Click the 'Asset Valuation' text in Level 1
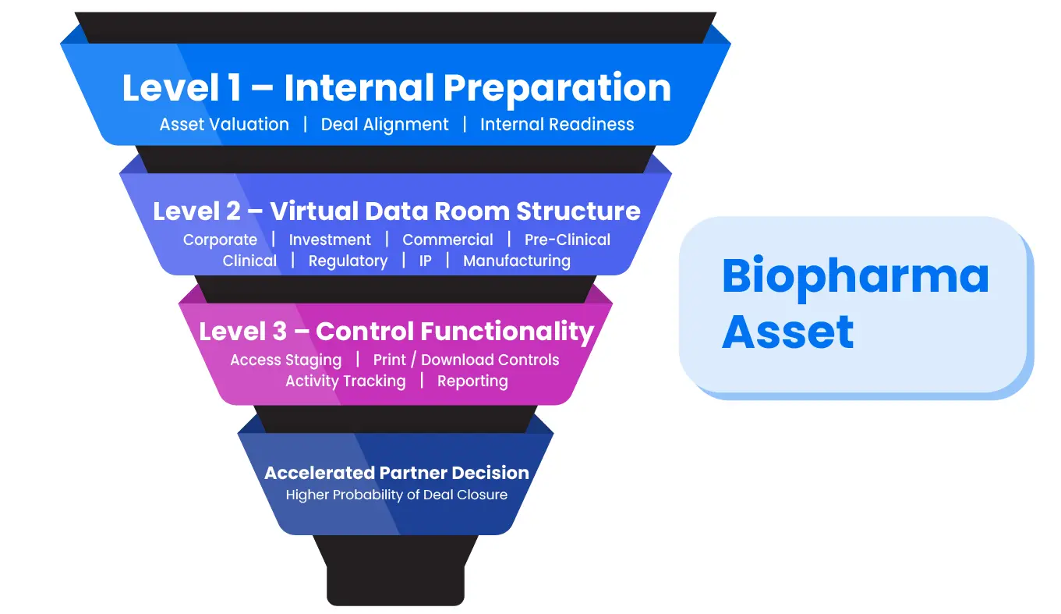[x=224, y=125]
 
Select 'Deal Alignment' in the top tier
[x=384, y=125]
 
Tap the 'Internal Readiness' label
[x=557, y=125]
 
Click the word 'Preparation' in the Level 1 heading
[x=557, y=89]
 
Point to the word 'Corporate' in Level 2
[x=221, y=240]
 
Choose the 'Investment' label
[x=330, y=240]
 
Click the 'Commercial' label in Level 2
[x=447, y=240]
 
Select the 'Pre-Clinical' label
[x=568, y=240]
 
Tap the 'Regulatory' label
[x=348, y=261]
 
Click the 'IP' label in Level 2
[x=426, y=261]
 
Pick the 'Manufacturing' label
[x=517, y=261]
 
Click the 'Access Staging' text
[x=285, y=360]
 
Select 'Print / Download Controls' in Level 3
[x=466, y=360]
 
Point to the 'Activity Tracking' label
[x=345, y=382]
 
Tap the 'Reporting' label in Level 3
[x=472, y=382]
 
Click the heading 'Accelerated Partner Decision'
[x=397, y=473]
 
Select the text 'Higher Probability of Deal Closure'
[x=397, y=495]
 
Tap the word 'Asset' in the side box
[x=787, y=332]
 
